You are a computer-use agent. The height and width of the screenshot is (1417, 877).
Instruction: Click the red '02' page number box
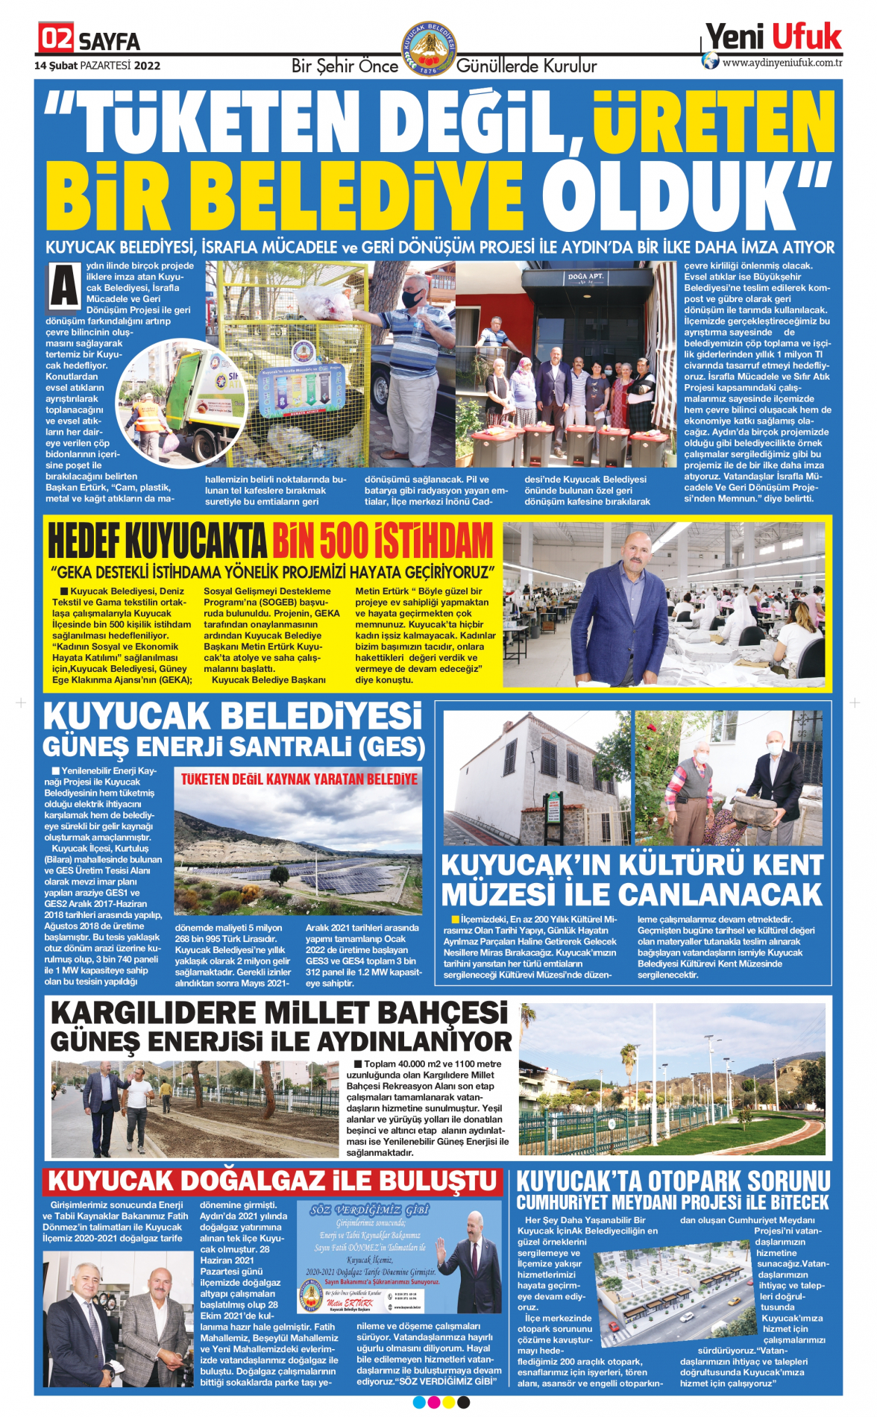coord(56,38)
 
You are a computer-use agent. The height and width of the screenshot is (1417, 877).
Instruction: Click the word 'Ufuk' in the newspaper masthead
coord(806,37)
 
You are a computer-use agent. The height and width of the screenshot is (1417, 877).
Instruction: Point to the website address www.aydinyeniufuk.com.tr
coord(782,63)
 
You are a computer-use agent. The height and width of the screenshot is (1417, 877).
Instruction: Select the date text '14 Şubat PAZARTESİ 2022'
coord(98,66)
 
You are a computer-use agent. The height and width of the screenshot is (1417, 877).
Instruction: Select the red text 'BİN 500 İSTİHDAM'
coord(383,541)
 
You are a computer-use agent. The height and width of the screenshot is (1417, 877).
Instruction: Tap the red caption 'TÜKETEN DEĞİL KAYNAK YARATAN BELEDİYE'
coord(299,779)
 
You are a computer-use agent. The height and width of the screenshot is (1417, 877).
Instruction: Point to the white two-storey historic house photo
coord(537,778)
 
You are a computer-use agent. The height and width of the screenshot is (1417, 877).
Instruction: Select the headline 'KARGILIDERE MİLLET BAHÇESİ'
coord(280,1014)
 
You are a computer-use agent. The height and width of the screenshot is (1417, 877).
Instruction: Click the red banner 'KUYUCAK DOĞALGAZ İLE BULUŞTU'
coord(272,1181)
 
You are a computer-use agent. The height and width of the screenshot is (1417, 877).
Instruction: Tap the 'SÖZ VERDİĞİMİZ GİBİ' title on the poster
coord(369,1210)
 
